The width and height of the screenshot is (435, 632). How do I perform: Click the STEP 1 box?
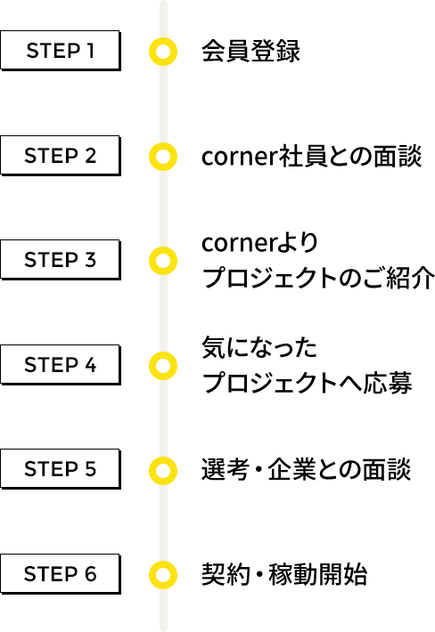tap(60, 51)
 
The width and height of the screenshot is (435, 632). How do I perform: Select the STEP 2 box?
tap(60, 156)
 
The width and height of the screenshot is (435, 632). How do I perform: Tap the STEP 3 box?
tap(60, 260)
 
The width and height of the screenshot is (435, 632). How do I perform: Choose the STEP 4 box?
tap(60, 365)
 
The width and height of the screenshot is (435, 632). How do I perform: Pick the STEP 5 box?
tap(60, 469)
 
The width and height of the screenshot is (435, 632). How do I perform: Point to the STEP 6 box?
tap(60, 574)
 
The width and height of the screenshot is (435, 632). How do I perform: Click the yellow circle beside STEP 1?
tap(163, 39)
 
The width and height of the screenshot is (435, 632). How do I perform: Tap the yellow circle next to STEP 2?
tap(163, 144)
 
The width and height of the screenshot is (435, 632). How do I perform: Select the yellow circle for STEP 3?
tap(163, 248)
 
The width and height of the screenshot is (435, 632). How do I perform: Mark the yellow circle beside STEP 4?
tap(163, 353)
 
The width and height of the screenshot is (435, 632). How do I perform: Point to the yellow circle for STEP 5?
tap(163, 458)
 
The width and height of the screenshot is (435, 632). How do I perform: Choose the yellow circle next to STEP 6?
tap(163, 563)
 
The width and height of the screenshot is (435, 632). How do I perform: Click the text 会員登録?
tap(251, 52)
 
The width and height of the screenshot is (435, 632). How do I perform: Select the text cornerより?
tap(260, 243)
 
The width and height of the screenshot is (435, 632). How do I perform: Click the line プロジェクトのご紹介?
tap(318, 278)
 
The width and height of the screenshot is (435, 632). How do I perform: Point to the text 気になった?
tap(259, 347)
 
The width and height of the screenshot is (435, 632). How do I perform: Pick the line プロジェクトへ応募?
tap(308, 382)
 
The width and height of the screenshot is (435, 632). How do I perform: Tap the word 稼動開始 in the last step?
tap(318, 574)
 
